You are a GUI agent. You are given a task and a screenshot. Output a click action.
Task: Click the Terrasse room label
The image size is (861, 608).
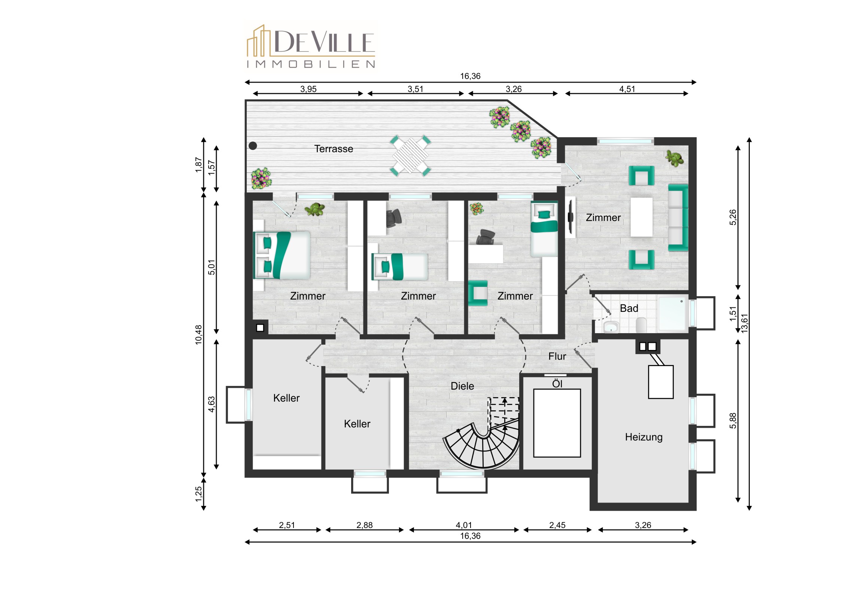[x=334, y=149]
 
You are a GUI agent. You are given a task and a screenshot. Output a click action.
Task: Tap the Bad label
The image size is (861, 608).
[x=629, y=308]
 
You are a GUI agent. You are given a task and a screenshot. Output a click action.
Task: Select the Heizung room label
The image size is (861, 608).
[x=644, y=437]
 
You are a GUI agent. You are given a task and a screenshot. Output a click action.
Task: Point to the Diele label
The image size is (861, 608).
[x=462, y=386]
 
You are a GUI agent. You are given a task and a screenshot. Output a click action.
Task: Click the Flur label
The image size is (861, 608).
[x=557, y=356]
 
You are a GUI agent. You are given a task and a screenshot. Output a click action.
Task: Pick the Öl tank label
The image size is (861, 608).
[x=557, y=384]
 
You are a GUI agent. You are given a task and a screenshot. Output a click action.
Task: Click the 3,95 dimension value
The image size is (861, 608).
[x=308, y=89]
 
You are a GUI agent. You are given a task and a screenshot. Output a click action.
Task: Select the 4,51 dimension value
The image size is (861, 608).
[x=627, y=89]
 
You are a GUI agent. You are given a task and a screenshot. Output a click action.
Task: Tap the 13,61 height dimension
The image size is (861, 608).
[x=744, y=323]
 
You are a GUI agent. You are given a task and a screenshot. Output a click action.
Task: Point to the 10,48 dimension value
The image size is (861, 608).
[x=198, y=335]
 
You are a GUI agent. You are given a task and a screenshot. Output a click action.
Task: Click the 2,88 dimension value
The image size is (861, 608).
[x=365, y=525]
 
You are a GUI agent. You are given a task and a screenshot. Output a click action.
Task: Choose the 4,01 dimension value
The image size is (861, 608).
[x=464, y=525]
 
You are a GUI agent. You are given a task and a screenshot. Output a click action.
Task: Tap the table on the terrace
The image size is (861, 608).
[x=410, y=156]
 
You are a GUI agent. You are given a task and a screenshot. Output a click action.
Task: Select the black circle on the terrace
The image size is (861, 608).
[x=253, y=146]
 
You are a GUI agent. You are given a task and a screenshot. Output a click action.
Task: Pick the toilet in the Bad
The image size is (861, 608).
[x=641, y=325]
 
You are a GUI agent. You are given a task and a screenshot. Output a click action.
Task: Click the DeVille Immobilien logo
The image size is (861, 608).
[x=310, y=46]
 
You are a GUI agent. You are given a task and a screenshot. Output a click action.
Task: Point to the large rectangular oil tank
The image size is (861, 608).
[x=557, y=423]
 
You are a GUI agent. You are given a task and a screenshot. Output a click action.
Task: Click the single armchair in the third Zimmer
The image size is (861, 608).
[x=478, y=293]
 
